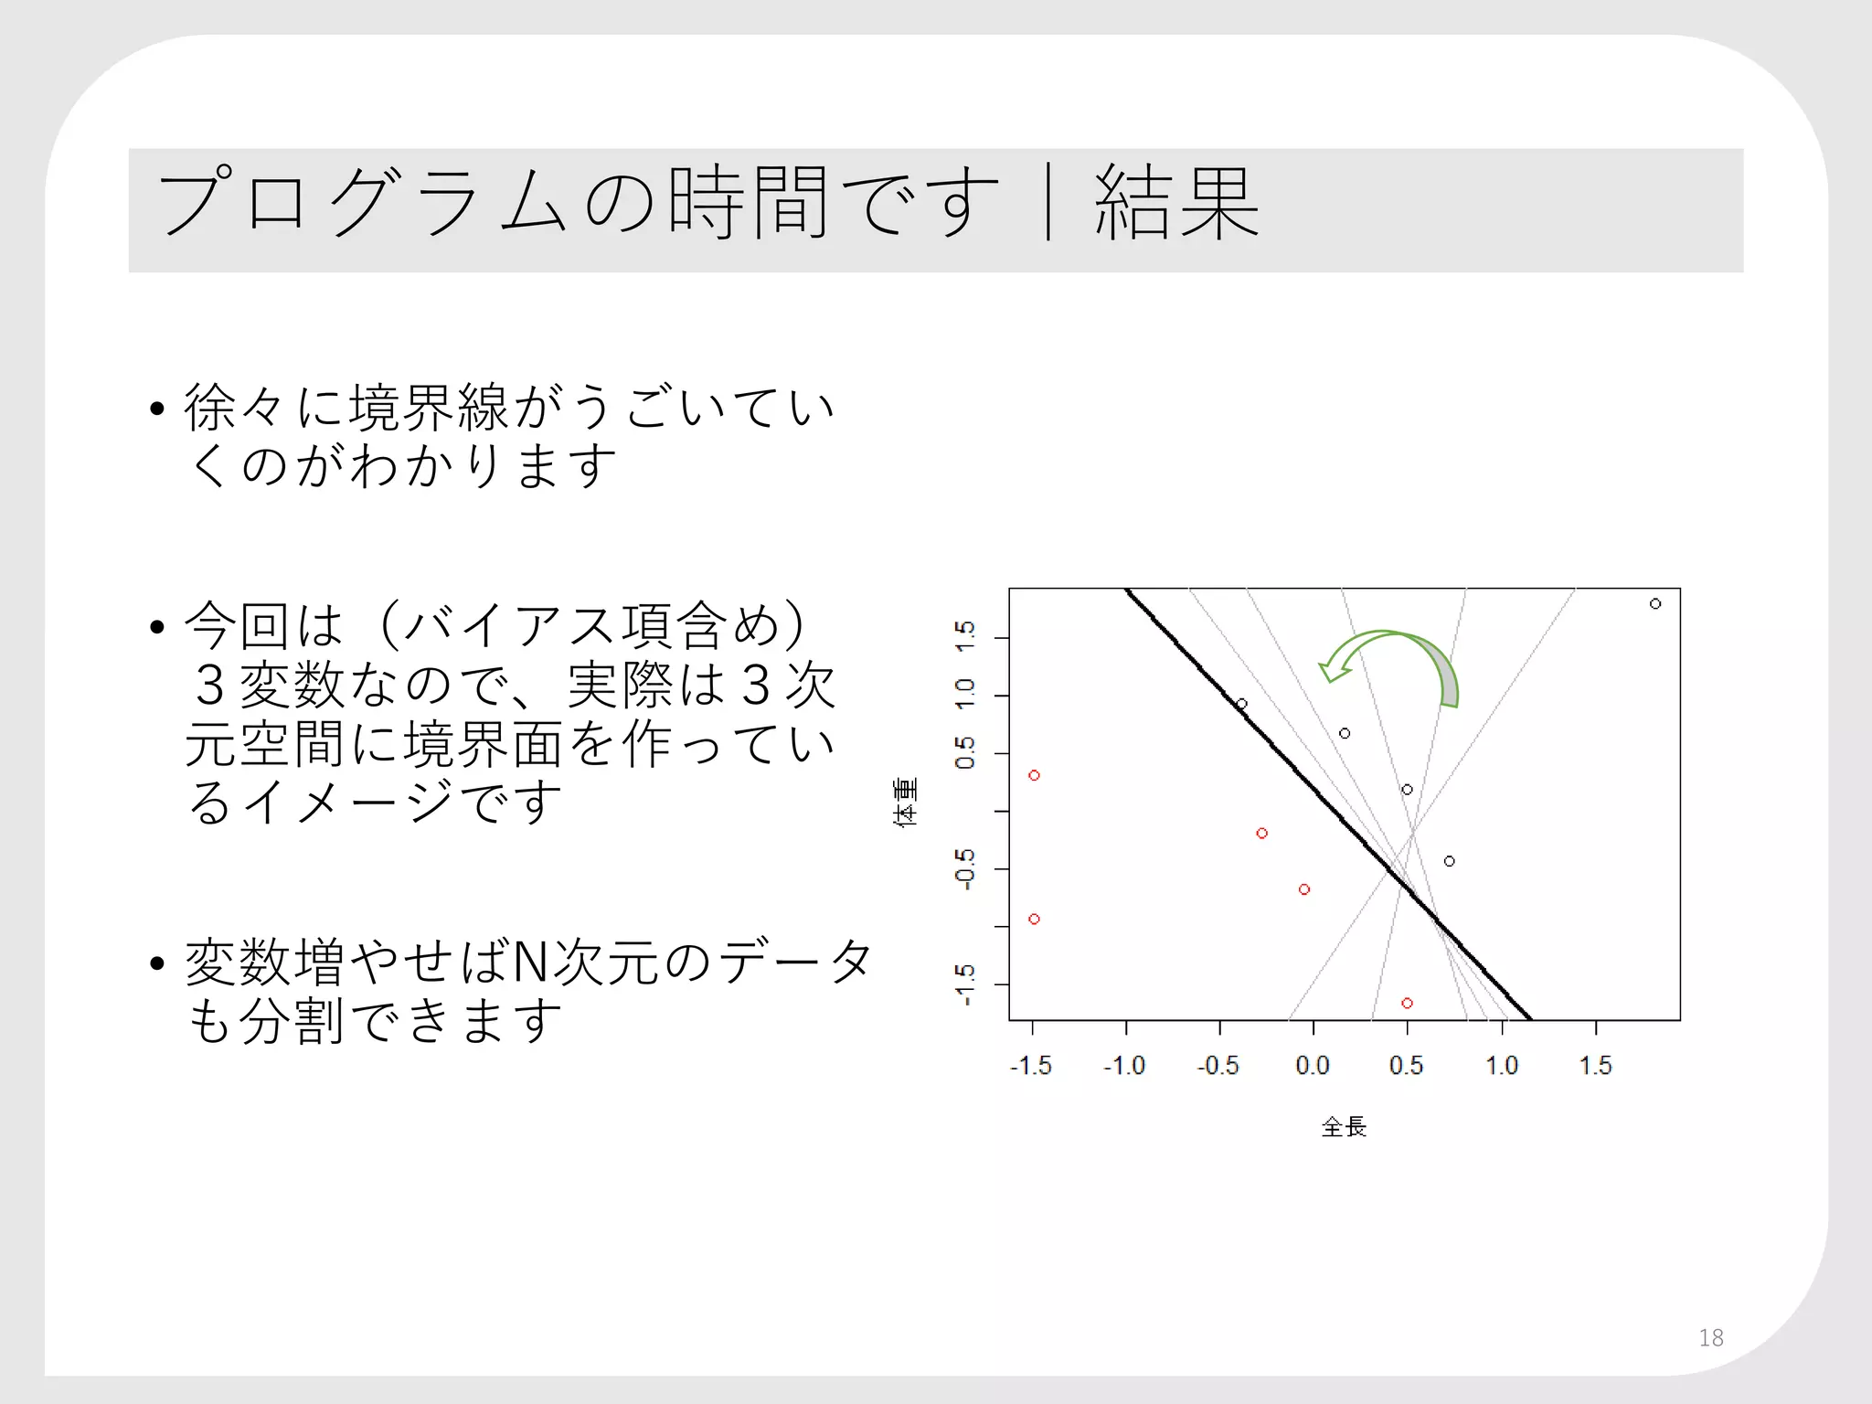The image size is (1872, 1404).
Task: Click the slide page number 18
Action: click(1710, 1337)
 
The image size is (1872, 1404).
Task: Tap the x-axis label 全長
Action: click(1344, 1127)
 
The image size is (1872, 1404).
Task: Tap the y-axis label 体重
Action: click(905, 803)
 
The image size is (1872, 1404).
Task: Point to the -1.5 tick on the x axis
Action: click(1031, 1065)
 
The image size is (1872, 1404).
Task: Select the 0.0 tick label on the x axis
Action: click(1313, 1065)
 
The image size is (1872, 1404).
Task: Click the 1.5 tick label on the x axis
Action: click(1595, 1065)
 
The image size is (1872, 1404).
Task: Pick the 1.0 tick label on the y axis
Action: click(965, 694)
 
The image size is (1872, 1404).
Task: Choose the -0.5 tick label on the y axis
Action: click(965, 868)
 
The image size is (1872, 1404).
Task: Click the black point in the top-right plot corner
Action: click(1655, 603)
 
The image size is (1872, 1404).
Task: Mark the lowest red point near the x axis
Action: click(1408, 1003)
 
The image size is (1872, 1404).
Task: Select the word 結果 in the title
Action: click(1177, 203)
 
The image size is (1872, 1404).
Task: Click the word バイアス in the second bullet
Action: click(512, 626)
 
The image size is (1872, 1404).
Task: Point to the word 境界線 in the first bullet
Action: click(430, 407)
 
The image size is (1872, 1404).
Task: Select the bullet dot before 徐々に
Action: click(157, 408)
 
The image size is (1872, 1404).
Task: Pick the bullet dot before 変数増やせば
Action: click(157, 963)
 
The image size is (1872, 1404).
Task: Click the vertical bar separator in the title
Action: click(1048, 203)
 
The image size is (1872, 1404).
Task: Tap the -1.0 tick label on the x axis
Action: click(1124, 1065)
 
